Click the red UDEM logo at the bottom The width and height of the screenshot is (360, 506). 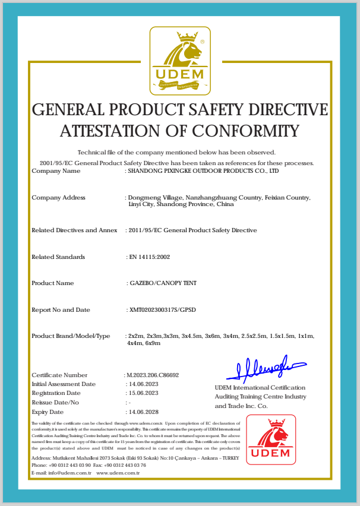270,439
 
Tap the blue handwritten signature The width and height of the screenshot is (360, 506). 266,369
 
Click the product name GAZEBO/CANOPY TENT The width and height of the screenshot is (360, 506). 162,283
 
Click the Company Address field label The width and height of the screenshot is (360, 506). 58,198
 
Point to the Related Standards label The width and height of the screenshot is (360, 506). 58,257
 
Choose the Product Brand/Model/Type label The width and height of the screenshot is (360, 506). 71,336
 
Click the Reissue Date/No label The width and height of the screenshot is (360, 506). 55,403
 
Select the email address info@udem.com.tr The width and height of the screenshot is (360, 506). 69,473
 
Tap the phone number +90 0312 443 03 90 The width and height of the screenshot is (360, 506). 70,465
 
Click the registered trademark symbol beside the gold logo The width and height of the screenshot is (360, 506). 202,42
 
